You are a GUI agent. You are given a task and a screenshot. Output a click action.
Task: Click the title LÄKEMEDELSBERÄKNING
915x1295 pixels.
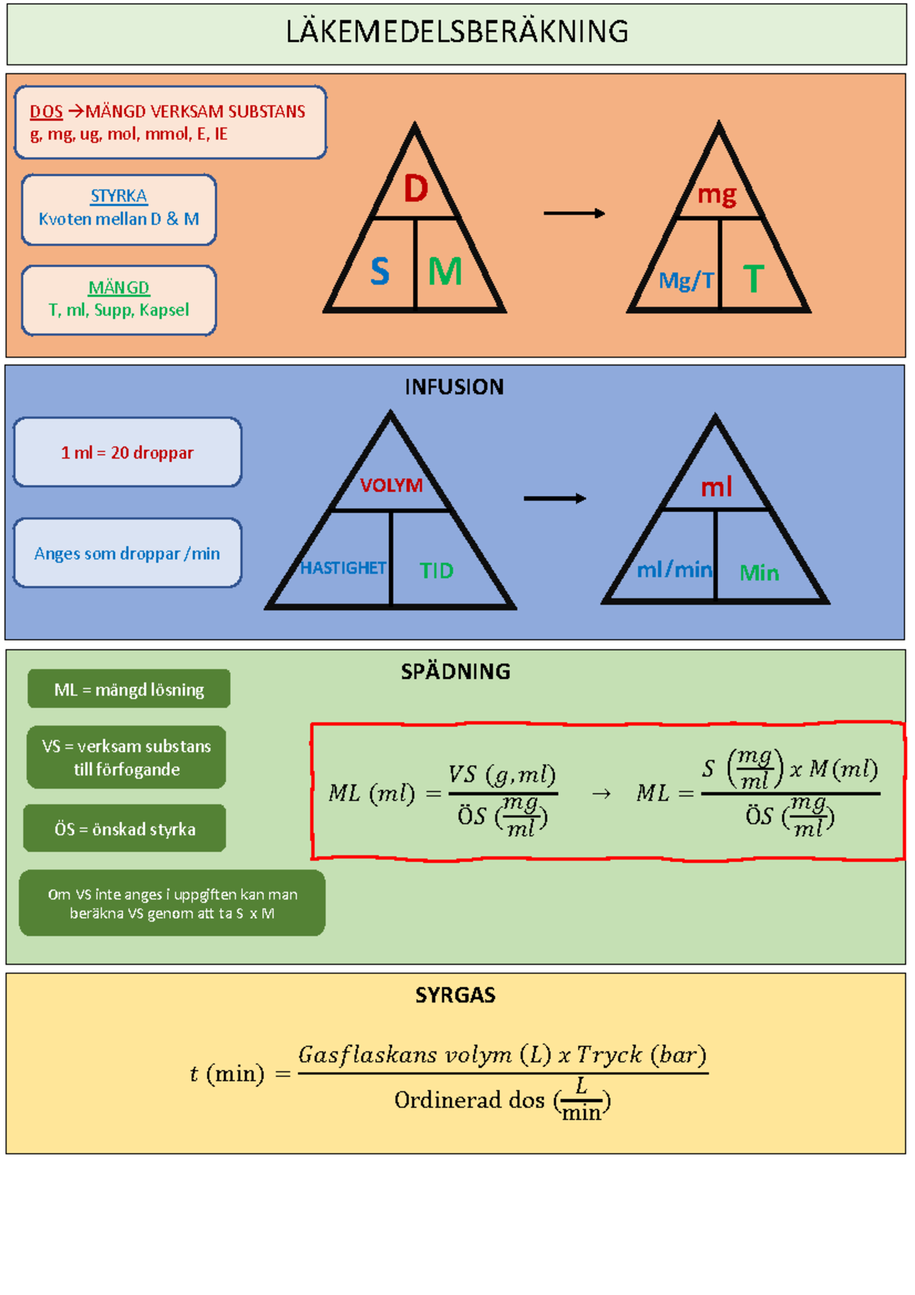pos(457,32)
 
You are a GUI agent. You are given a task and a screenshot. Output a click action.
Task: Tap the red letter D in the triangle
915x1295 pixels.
pos(416,188)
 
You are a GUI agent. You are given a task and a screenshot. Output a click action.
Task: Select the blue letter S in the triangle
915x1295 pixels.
pos(380,272)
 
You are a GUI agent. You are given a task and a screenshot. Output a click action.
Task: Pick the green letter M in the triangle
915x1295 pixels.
pos(445,272)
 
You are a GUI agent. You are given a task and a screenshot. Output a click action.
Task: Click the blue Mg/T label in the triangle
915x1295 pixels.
pos(686,281)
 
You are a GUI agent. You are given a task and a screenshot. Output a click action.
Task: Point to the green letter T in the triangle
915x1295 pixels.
pos(753,279)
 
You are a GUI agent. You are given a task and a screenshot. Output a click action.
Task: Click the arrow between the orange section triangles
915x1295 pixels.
pos(573,214)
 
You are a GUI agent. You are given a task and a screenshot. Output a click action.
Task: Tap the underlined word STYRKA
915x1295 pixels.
pos(118,196)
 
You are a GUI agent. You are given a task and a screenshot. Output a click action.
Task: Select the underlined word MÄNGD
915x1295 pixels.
pos(118,288)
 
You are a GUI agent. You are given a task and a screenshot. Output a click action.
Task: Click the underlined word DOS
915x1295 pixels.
pos(46,111)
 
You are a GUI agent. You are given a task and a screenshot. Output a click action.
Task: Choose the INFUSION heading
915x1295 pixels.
pos(454,387)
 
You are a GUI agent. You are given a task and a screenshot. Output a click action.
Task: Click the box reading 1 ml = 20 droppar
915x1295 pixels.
pos(127,452)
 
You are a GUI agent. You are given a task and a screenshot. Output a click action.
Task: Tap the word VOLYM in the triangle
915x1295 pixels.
pos(391,486)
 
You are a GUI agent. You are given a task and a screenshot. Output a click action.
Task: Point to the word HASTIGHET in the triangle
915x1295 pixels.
pos(342,568)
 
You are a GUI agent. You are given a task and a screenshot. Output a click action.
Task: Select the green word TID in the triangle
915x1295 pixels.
pos(436,570)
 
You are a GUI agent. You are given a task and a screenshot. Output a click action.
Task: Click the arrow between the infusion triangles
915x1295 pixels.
pos(554,498)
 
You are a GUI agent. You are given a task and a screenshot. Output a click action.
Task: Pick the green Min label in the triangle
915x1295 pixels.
pos(759,573)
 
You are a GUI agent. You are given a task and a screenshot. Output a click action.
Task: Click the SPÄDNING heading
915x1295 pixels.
pos(455,672)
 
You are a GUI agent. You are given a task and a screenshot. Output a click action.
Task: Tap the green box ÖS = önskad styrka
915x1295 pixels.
pos(125,829)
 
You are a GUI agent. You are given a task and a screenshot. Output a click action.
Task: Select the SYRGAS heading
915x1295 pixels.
pos(455,995)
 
